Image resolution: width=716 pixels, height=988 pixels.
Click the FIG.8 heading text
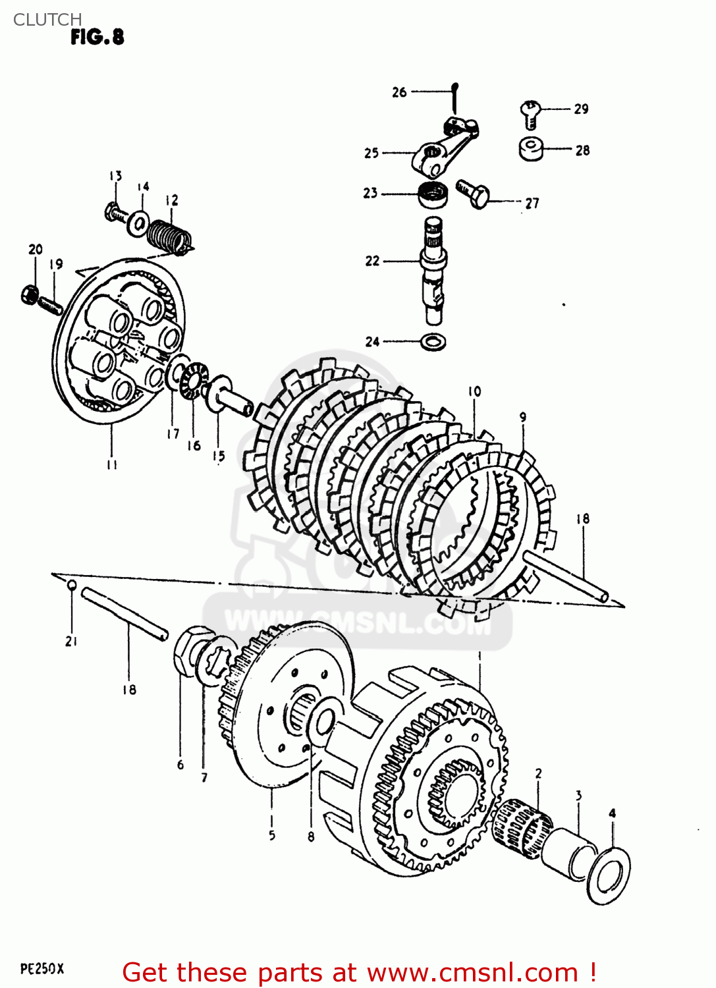97,38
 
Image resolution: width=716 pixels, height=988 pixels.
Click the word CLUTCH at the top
47,20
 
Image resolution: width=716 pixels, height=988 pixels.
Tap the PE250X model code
42,969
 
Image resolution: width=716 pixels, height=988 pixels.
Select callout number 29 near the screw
581,109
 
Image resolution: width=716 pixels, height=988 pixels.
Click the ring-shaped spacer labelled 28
532,148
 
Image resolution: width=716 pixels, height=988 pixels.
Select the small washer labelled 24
433,342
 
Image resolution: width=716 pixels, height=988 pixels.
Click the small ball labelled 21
72,585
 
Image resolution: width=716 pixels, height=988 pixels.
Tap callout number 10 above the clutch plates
474,391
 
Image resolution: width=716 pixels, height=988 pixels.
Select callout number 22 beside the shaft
373,261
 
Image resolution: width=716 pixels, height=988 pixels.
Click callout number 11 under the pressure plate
112,464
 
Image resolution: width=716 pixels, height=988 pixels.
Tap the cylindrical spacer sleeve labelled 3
567,854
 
